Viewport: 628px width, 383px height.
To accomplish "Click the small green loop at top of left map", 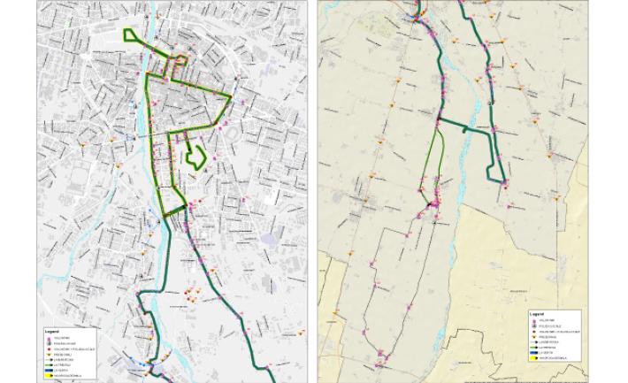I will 132,36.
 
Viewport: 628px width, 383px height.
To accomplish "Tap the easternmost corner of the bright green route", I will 231,96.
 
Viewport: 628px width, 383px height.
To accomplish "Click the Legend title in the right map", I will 536,314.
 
